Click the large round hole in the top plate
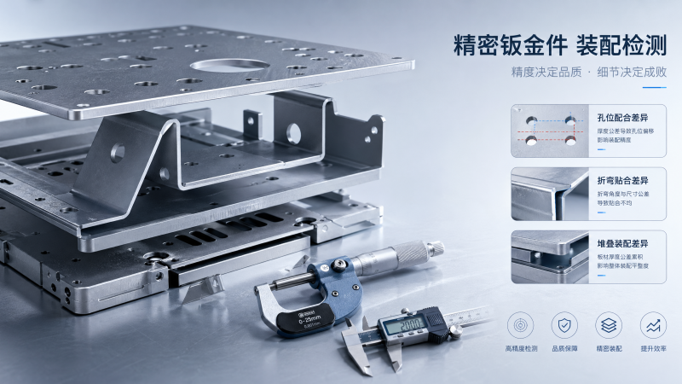(228, 65)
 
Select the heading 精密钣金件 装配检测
(558, 44)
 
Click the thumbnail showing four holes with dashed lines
(550, 130)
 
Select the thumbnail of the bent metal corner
(550, 193)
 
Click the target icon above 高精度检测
(521, 325)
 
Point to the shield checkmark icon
(564, 325)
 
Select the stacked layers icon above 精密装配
(609, 325)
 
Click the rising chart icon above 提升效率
(653, 325)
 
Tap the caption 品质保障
(564, 349)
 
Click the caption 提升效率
(653, 349)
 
